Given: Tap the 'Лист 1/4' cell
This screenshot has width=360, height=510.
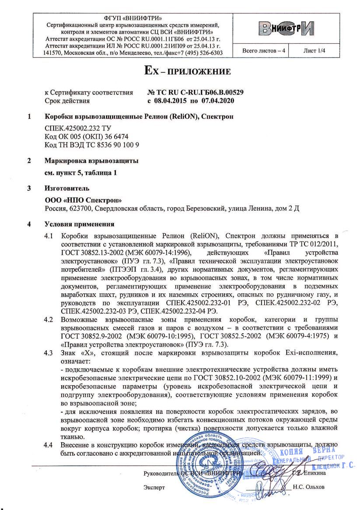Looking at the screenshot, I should (315, 51).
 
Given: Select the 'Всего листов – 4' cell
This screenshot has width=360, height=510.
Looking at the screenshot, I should (264, 51).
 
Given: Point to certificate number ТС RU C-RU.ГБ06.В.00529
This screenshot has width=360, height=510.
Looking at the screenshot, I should (196, 92).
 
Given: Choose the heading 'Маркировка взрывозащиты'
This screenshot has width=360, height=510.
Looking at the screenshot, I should (91, 161).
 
